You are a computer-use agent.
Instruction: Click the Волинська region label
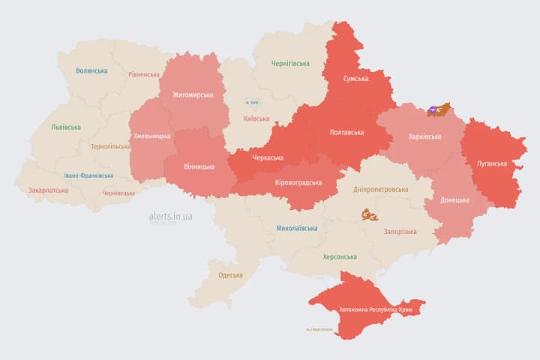pos(91,71)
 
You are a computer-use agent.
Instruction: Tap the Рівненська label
pos(144,75)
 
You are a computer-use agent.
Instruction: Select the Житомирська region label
pos(193,95)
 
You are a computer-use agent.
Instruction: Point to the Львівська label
pos(66,127)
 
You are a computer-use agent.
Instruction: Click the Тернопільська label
pos(110,147)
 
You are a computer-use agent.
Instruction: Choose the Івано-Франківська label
pos(88,175)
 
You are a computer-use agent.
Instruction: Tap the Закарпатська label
pos(49,190)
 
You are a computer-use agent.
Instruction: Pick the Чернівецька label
pos(118,193)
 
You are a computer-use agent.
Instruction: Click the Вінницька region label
pos(199,166)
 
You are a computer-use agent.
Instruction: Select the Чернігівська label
pos(289,64)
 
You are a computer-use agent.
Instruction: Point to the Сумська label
pos(355,79)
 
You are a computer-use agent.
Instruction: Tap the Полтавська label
pos(347,133)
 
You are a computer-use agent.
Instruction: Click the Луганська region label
pos(492,163)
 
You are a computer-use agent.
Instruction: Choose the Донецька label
pos(454,200)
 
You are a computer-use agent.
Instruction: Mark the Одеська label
pos(231,275)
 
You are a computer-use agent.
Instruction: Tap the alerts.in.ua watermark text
pos(171,216)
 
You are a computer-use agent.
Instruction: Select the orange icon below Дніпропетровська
pos(369,215)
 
